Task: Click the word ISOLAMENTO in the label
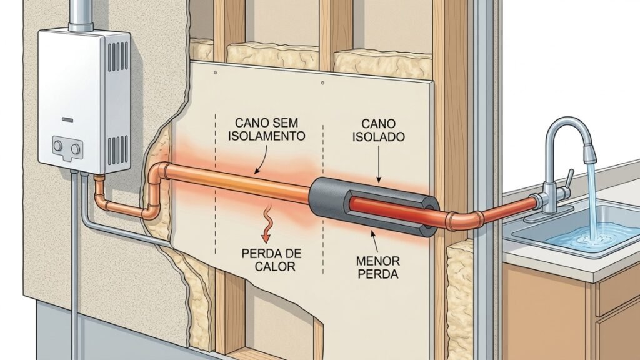click(x=266, y=136)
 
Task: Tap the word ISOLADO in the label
click(x=379, y=136)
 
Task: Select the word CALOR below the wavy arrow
click(x=275, y=267)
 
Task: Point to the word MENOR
click(x=378, y=261)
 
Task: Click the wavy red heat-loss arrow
click(x=267, y=224)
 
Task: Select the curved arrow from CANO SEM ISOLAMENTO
click(x=261, y=159)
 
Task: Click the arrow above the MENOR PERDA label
click(x=374, y=241)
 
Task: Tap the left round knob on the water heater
click(x=58, y=145)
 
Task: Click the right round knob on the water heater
click(x=76, y=149)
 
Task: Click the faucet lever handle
click(x=569, y=179)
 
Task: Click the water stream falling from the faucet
click(x=593, y=200)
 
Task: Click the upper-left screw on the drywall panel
click(x=216, y=72)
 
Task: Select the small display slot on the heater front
click(x=67, y=120)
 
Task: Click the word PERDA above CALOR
click(x=271, y=254)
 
